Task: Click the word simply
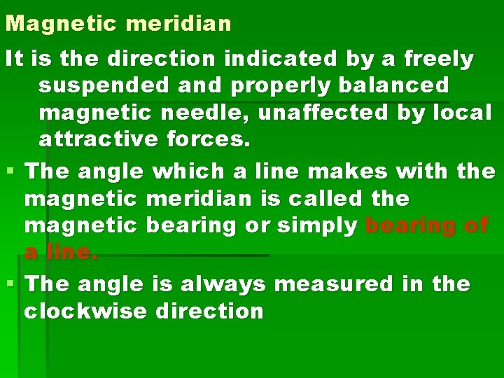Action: (318, 225)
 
